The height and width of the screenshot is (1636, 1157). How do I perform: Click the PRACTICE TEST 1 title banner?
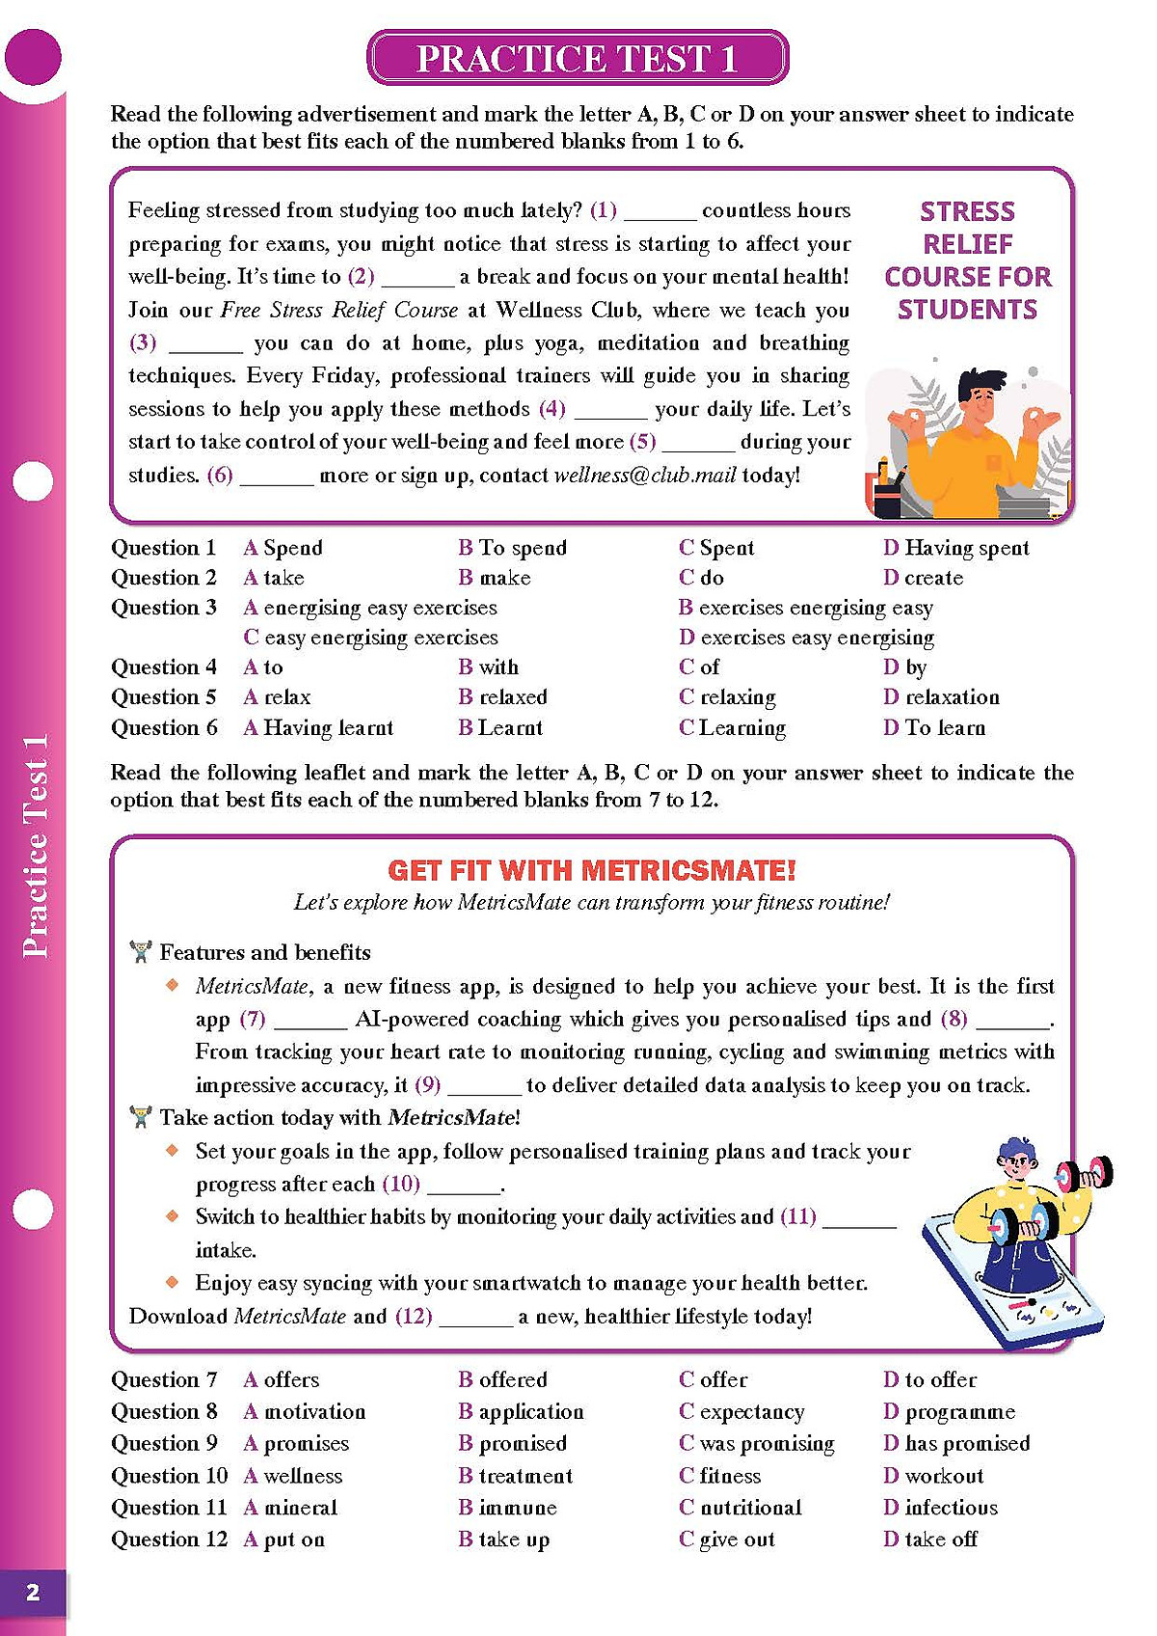pos(578,59)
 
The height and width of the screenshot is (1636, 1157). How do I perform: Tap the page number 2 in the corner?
pos(33,1592)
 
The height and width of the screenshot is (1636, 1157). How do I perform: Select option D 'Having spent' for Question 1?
pos(956,548)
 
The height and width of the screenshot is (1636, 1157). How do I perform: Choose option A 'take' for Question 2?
pos(275,578)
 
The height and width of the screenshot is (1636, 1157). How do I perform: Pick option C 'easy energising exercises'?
pos(371,638)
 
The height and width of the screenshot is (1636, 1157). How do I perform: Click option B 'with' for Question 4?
pos(489,668)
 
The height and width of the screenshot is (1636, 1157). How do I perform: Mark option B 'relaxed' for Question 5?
pos(503,697)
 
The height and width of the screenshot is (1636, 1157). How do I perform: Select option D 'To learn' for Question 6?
pos(934,727)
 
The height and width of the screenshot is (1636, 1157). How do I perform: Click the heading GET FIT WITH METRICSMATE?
pos(592,870)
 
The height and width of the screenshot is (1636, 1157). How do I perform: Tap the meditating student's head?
pos(982,397)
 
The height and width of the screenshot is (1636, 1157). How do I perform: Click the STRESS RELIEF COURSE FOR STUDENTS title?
pos(967,260)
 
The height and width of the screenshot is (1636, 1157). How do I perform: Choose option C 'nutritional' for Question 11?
pos(740,1507)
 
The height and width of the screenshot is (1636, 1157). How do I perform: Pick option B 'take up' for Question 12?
pos(504,1540)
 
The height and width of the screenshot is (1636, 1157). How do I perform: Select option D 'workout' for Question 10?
pos(933,1476)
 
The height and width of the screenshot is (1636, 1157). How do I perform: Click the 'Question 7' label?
pos(164,1379)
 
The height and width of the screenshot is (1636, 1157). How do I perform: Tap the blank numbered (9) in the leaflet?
pos(484,1085)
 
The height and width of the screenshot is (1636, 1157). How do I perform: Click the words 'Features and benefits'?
pos(264,952)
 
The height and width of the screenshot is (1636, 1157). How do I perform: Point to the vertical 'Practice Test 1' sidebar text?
pos(35,846)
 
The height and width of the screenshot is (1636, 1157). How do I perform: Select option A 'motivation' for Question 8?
pos(305,1412)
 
